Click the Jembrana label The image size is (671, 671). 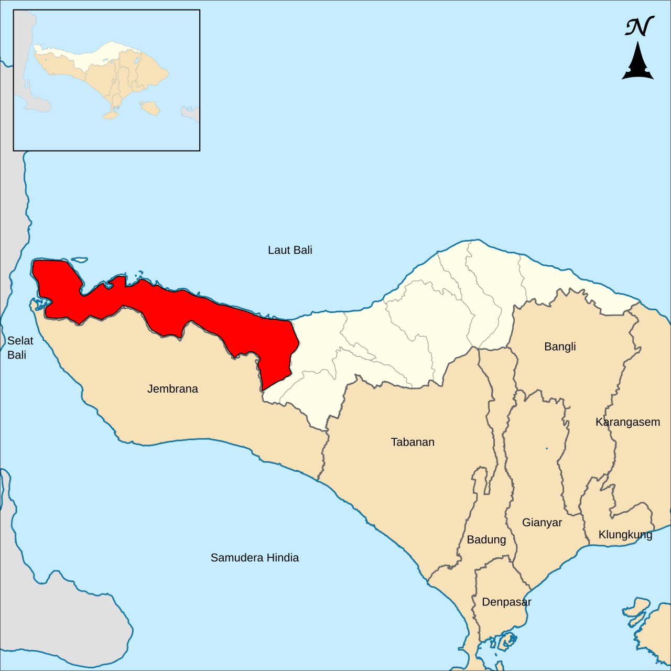point(172,389)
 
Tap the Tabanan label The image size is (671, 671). point(413,442)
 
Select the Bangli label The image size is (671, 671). point(560,347)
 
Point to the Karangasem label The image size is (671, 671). point(627,422)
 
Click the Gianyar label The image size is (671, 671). point(542,523)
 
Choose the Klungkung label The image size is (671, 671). point(625,535)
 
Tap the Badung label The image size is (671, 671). point(486,540)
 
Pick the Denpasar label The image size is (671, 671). point(506,602)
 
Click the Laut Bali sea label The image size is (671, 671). point(290,250)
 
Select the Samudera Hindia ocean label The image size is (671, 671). point(255,558)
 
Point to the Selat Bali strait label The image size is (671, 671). point(20,348)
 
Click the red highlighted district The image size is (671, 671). point(173,309)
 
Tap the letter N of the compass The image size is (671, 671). point(638,27)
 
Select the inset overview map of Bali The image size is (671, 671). point(106,80)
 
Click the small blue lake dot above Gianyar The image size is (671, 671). point(547,448)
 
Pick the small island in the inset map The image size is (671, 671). point(151,109)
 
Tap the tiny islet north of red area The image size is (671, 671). point(79,259)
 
